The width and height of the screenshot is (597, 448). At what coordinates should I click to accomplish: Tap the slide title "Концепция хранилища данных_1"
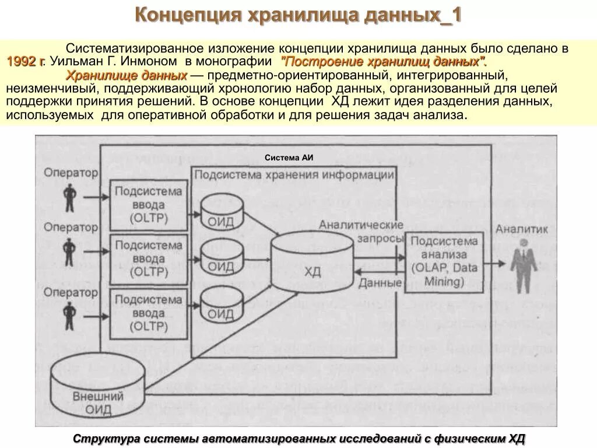(x=298, y=15)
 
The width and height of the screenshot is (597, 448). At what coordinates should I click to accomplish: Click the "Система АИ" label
(x=289, y=157)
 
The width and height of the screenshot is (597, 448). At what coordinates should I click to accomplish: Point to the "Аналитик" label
(x=522, y=229)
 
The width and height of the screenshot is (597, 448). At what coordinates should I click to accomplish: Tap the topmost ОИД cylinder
(x=222, y=213)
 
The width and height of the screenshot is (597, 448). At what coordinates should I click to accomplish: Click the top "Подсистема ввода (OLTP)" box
(x=149, y=204)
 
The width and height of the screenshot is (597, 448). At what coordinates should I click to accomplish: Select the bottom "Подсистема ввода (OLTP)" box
(x=149, y=313)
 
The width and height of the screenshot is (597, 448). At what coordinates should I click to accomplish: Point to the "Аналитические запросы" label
(x=361, y=232)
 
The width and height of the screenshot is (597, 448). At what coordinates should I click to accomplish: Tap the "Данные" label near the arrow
(x=380, y=283)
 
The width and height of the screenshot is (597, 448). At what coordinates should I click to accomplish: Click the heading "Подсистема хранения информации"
(x=294, y=174)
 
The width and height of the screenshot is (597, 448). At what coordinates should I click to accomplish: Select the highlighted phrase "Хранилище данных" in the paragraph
(x=126, y=76)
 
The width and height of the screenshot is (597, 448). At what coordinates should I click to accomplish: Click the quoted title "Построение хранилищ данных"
(x=384, y=62)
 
